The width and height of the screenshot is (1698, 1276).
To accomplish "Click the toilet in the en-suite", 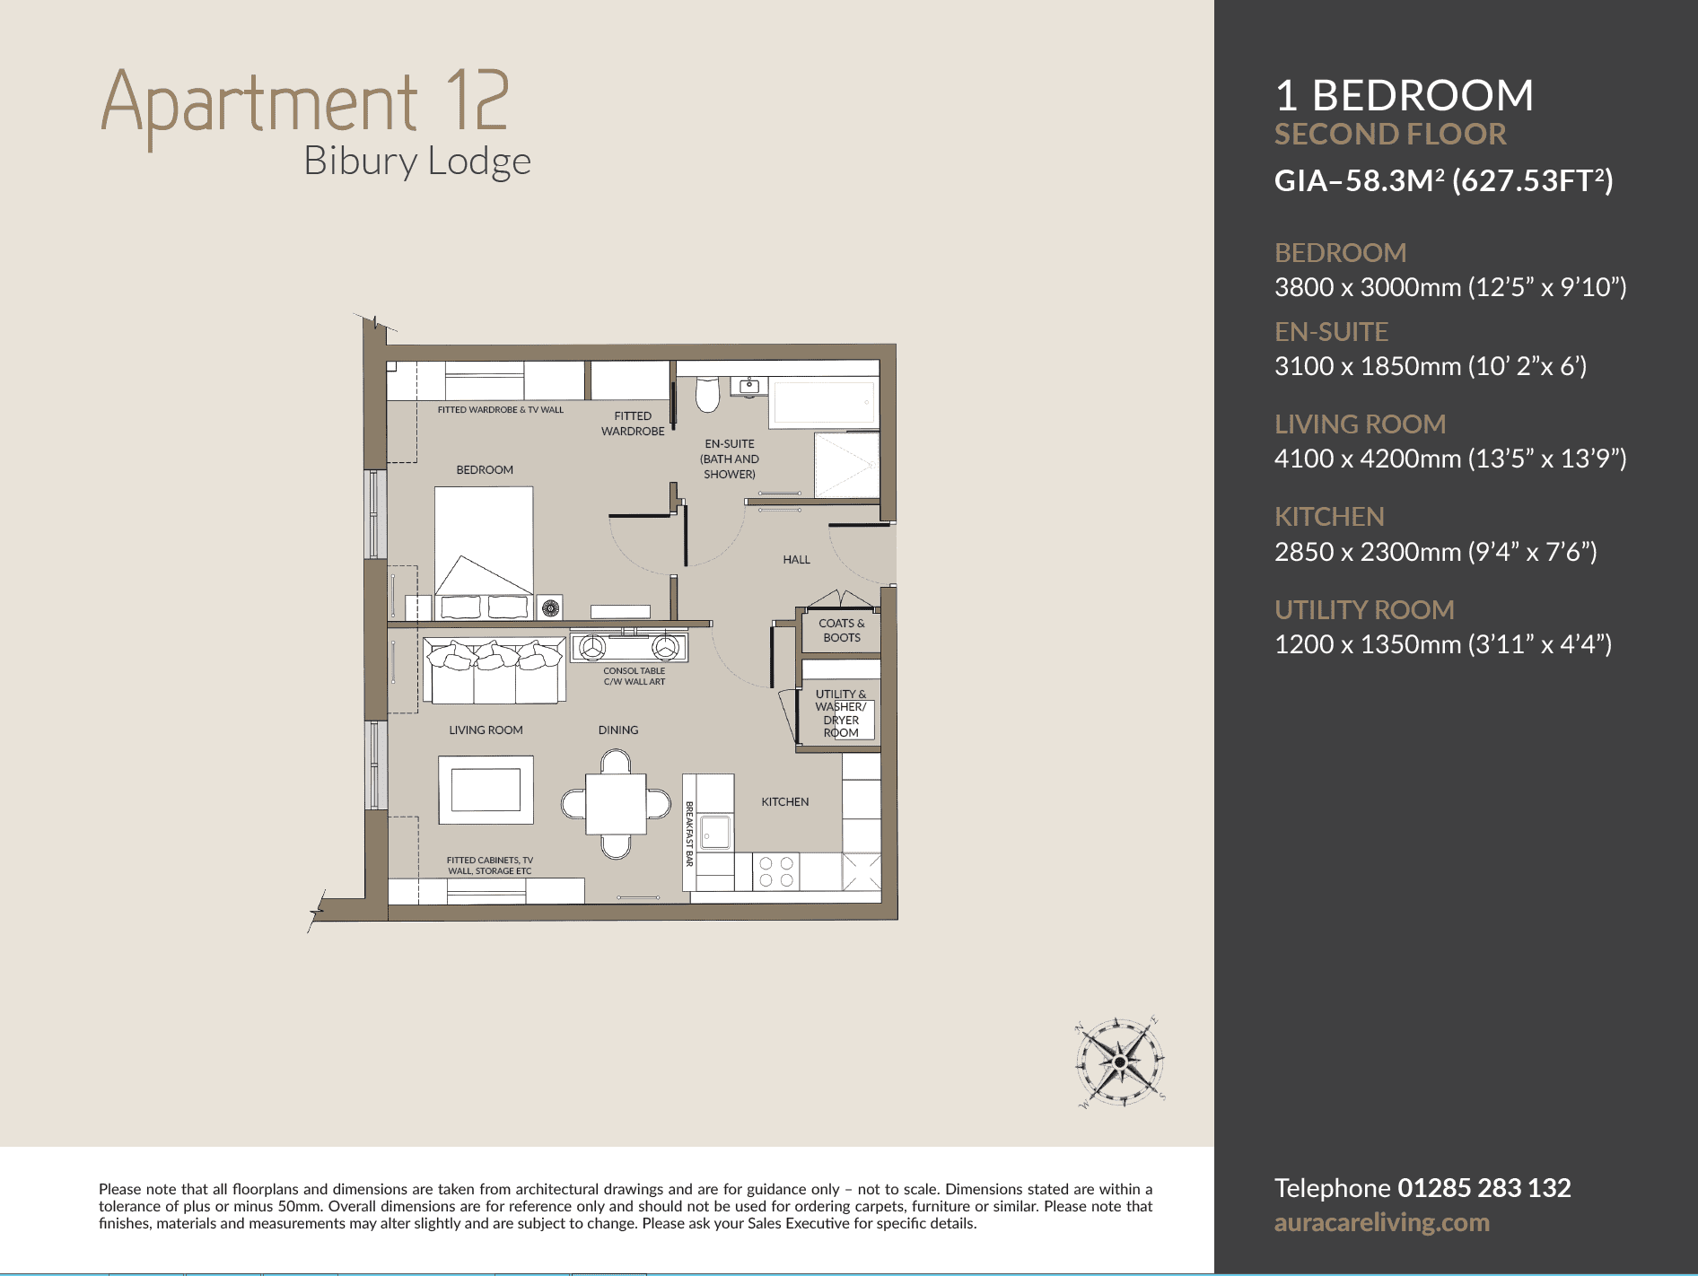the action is (707, 394).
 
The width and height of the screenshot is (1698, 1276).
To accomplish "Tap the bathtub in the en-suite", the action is (823, 403).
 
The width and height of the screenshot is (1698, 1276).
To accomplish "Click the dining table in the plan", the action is (616, 804).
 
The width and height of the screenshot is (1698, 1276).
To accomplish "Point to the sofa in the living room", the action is (495, 670).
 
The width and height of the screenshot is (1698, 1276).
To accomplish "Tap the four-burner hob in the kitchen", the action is (776, 871).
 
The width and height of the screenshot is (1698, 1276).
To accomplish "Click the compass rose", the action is (1120, 1062).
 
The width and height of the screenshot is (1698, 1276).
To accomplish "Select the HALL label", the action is (796, 560).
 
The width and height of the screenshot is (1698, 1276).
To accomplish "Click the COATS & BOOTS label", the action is (842, 630).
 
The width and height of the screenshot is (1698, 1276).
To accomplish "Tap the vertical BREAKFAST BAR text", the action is (689, 834).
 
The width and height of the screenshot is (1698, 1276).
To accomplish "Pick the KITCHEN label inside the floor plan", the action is (785, 802).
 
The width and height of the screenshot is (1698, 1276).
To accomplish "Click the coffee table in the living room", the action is (486, 790).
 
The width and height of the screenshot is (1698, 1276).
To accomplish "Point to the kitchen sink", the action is (715, 833).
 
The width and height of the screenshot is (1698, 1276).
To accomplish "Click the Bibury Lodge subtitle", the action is (417, 162).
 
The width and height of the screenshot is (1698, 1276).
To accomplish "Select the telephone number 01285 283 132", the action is (1484, 1188).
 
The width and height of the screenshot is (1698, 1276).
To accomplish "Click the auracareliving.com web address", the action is (1382, 1223).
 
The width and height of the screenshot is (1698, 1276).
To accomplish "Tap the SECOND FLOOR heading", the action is (1390, 135).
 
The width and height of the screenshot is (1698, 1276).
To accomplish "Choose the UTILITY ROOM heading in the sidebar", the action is (1364, 610).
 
